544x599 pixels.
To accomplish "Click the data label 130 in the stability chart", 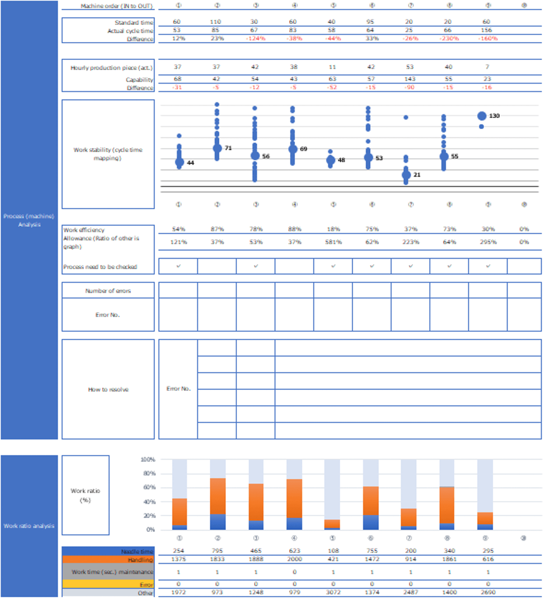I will tap(494, 116).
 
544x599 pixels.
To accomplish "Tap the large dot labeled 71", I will tap(217, 148).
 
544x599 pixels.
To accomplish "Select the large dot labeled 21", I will tap(406, 175).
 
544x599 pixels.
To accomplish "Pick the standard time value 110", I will tap(215, 22).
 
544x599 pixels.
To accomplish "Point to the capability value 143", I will tap(410, 79).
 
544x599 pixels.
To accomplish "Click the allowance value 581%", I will tap(333, 242).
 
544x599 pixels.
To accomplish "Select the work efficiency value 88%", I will tap(294, 229).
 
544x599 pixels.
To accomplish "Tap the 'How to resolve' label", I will tap(108, 389).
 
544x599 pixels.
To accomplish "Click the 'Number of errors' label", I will tap(108, 291).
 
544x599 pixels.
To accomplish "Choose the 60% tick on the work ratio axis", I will tap(148, 487).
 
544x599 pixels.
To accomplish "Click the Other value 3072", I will tap(333, 592).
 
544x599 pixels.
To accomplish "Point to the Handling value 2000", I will tap(294, 559).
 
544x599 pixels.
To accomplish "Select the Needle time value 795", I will tap(217, 551).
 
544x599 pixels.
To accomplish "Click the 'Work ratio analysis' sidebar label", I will tap(29, 526).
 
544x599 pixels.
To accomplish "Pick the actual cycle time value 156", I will tap(486, 30).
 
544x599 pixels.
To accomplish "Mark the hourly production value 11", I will tap(332, 67).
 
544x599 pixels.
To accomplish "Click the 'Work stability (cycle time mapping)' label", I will tap(108, 154).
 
